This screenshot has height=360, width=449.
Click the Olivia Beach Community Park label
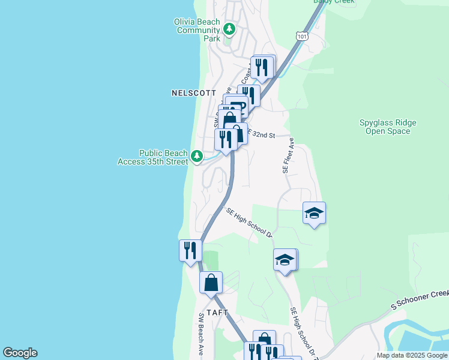point(197,30)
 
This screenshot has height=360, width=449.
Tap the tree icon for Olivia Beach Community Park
point(229,29)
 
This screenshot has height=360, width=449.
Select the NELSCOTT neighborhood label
point(193,93)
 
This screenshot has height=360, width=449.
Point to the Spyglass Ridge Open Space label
point(388,127)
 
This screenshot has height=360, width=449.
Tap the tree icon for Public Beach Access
point(196,157)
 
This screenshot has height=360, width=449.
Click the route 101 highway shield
point(303,37)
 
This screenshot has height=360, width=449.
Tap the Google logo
point(20,353)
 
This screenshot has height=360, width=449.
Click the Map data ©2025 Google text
point(412,355)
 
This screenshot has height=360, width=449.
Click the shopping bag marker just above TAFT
point(211,282)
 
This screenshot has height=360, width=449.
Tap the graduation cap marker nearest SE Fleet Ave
point(314,213)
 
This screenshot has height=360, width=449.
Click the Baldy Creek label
point(334,2)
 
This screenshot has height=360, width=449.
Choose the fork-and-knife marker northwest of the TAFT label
point(190,250)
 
